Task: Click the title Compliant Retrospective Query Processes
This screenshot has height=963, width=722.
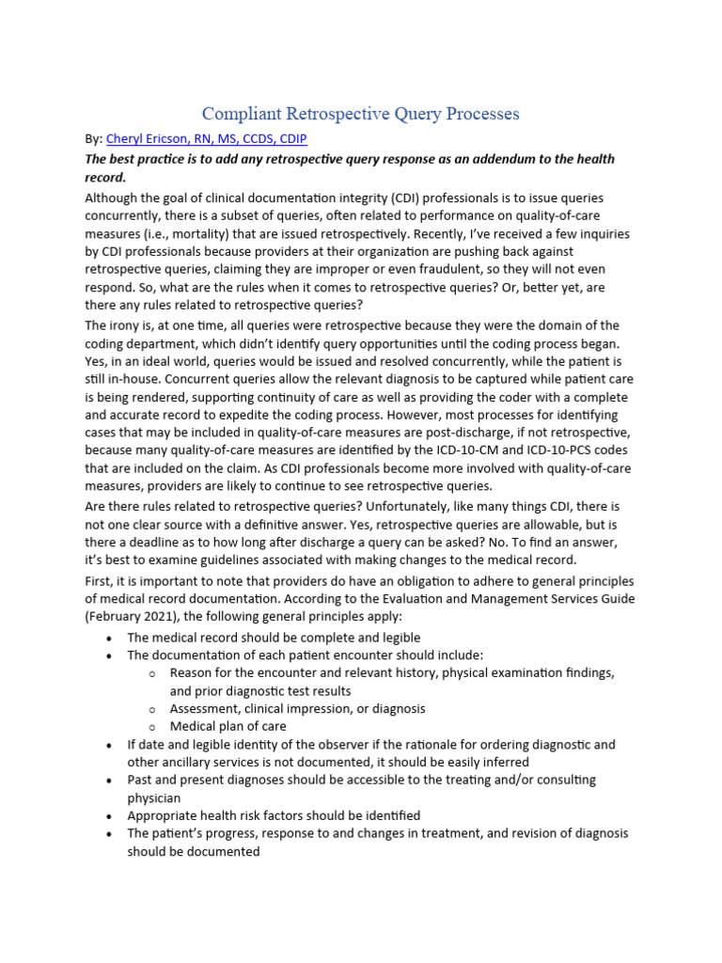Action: pyautogui.click(x=361, y=114)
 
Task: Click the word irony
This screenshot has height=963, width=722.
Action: pyautogui.click(x=128, y=325)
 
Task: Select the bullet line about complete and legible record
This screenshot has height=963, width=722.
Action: pyautogui.click(x=274, y=638)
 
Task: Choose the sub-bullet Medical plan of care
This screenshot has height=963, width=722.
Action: pyautogui.click(x=228, y=726)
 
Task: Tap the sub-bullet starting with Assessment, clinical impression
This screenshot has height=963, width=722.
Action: pyautogui.click(x=297, y=708)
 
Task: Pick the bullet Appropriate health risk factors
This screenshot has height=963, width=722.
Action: pyautogui.click(x=274, y=815)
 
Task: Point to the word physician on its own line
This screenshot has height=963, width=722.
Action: pyautogui.click(x=153, y=797)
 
